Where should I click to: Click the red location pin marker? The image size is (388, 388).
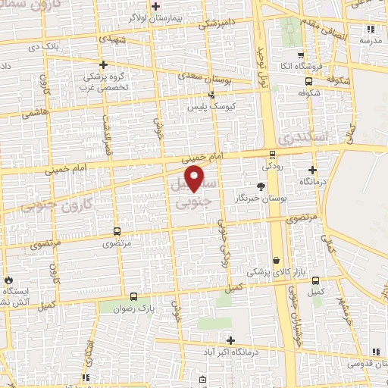point(196,178)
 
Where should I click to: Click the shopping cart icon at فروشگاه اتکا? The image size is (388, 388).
point(301,55)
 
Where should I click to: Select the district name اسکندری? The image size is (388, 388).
point(299,138)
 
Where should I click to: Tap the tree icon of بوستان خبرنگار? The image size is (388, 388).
point(261,186)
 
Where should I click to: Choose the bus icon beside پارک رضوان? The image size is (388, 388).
point(134,297)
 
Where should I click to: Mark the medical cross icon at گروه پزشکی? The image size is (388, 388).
point(104,65)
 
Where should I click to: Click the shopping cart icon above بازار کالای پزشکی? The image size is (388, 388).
point(276,259)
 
